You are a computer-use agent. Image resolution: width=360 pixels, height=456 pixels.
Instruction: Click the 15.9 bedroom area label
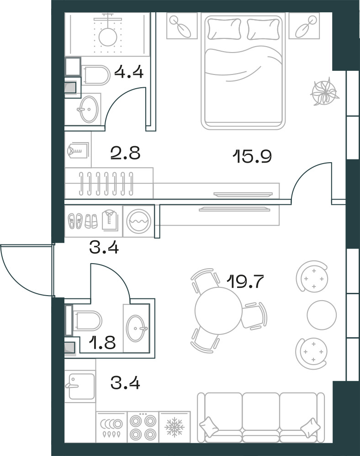(252, 157)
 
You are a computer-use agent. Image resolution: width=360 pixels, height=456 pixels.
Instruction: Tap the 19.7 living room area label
(245, 281)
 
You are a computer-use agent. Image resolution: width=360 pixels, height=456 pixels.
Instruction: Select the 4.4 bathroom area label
(129, 72)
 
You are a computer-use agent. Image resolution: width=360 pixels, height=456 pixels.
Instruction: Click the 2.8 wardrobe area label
(125, 153)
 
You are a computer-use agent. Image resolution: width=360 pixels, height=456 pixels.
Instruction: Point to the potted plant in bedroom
(324, 91)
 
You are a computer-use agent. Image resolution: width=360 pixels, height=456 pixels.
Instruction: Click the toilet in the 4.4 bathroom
(96, 75)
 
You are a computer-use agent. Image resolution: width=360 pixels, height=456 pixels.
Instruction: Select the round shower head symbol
(108, 36)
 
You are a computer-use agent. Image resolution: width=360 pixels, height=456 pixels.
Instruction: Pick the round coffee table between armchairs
(322, 315)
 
